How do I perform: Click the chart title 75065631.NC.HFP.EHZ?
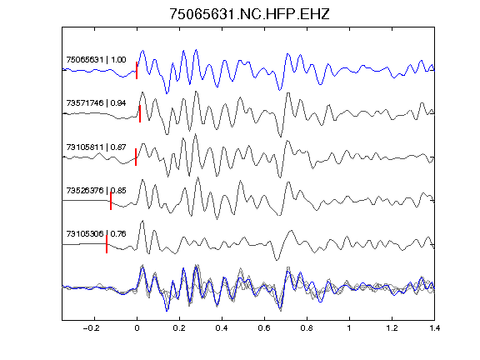[249, 14]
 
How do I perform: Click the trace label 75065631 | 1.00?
[96, 59]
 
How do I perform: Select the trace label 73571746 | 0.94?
[96, 102]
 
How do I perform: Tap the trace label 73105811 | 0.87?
[96, 147]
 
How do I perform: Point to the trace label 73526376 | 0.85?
[96, 190]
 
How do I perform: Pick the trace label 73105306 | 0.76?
[96, 234]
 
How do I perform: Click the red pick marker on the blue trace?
[137, 70]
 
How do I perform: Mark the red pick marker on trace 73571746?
[140, 114]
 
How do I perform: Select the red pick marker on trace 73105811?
[136, 157]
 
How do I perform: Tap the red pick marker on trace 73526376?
[111, 201]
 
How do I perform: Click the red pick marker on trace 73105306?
[107, 244]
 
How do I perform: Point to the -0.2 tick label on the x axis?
[92, 328]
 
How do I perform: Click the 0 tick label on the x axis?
[137, 328]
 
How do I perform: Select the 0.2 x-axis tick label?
[179, 328]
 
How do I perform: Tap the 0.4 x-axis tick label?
[222, 328]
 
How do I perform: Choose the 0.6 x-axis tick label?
[264, 328]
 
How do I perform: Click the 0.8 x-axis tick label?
[307, 328]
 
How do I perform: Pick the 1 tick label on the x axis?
[349, 328]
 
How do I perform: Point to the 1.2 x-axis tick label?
[392, 328]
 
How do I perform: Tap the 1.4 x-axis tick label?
[434, 328]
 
